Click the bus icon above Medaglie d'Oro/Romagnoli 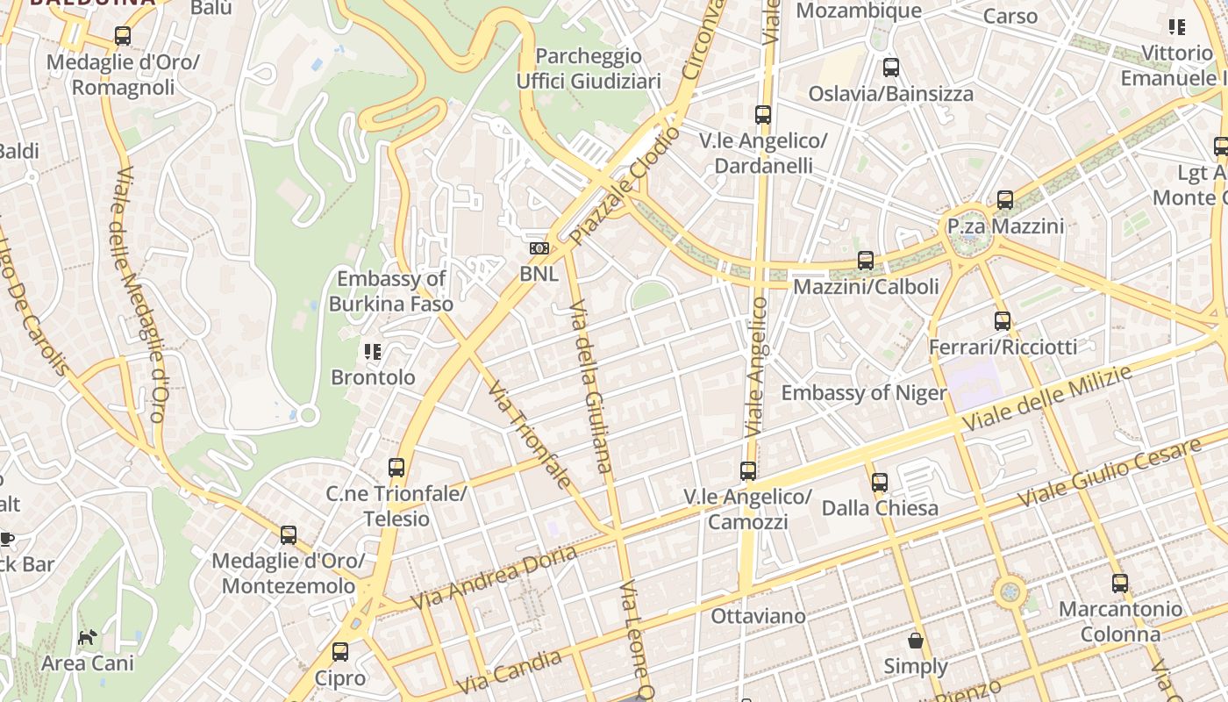[x=123, y=36]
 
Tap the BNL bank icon [x=539, y=249]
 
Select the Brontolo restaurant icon [x=373, y=352]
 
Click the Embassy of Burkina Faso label [x=391, y=291]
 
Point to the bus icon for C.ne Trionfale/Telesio [x=396, y=468]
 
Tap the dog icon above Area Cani [x=87, y=637]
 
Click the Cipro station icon [x=340, y=652]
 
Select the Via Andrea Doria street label [x=494, y=577]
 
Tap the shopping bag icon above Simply [x=916, y=641]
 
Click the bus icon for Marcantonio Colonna [x=1120, y=584]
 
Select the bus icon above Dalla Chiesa [x=880, y=482]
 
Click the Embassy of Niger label [x=864, y=392]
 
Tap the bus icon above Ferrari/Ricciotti [x=1003, y=321]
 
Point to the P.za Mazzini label [x=1005, y=226]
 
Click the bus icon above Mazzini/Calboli [x=866, y=261]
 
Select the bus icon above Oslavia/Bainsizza [x=891, y=68]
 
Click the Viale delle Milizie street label [x=1047, y=398]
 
